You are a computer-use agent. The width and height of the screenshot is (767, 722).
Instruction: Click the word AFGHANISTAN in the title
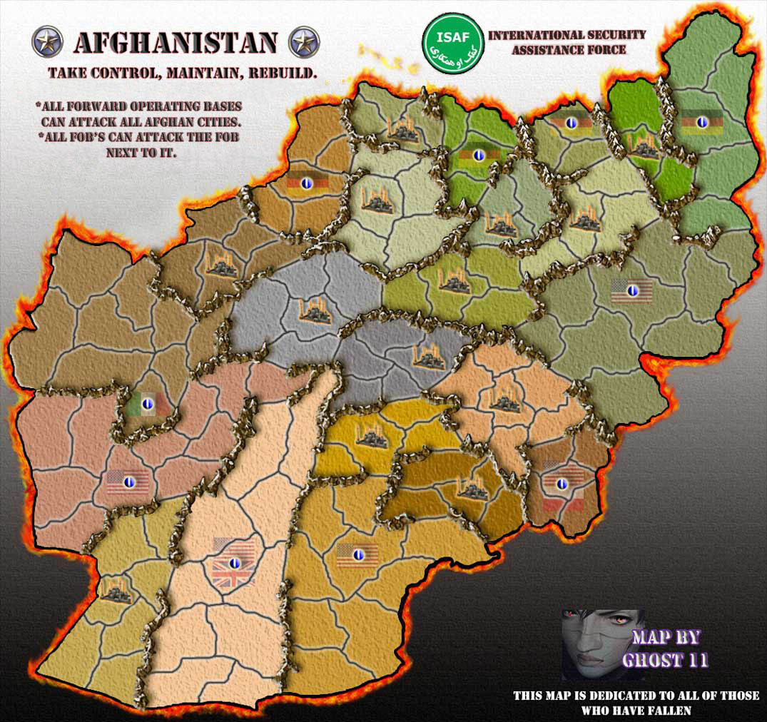click(175, 44)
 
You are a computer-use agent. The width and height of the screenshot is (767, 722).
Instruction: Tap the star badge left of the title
click(48, 42)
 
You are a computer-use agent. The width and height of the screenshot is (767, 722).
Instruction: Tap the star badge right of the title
click(303, 42)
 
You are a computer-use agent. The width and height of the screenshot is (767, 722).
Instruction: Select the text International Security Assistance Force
click(567, 42)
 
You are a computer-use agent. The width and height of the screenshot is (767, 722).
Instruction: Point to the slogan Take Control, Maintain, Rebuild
click(183, 73)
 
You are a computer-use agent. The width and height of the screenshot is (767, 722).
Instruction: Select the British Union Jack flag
click(233, 562)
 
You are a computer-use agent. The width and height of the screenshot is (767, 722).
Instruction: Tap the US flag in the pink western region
click(128, 482)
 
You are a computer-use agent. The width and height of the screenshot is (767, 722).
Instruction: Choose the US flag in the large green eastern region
click(632, 290)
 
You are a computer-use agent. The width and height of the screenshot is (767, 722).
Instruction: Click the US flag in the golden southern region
click(357, 554)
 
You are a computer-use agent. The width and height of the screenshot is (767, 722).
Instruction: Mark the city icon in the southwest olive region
click(115, 589)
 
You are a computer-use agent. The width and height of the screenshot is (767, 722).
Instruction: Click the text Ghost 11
click(665, 660)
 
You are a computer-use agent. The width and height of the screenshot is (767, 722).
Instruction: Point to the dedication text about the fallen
click(636, 703)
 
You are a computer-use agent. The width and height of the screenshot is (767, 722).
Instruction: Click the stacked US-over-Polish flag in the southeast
click(562, 484)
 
